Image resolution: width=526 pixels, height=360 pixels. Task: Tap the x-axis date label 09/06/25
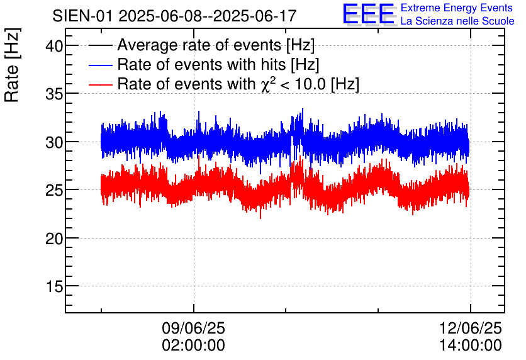click(194, 329)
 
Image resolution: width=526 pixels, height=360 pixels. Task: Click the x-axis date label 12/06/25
click(471, 329)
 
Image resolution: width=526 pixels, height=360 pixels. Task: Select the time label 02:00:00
click(194, 346)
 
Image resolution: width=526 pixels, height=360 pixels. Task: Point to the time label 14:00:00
click(471, 346)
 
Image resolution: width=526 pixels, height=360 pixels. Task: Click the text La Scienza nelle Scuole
click(457, 21)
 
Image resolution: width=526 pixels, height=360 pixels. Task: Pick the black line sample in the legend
click(101, 45)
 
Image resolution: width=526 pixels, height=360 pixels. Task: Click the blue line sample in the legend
click(101, 65)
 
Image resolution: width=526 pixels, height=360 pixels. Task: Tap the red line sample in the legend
click(101, 84)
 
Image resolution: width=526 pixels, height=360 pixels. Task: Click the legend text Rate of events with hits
click(218, 65)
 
